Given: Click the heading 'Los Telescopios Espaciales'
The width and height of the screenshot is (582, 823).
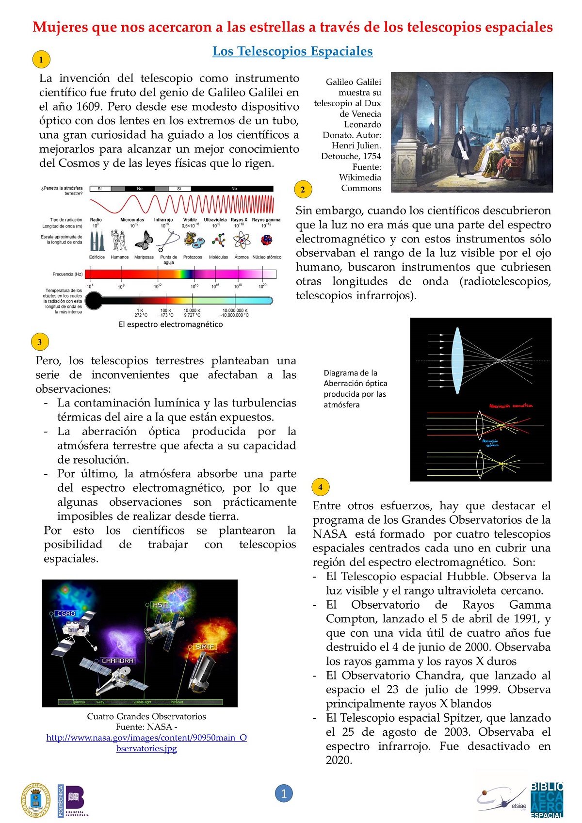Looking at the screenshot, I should pos(292,51).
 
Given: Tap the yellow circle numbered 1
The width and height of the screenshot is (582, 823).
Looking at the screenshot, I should pos(41,60).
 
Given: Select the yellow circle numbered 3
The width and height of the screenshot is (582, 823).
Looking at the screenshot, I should pos(40,342).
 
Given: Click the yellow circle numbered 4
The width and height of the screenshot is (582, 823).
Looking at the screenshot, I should pos(320,487).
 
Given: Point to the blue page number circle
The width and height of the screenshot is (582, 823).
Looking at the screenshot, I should pos(284,793).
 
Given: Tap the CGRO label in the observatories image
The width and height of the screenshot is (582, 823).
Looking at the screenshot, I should pos(66,613).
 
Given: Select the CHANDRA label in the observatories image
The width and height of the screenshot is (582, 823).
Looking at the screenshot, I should pos(117,661).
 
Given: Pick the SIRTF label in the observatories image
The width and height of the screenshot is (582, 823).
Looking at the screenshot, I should pos(205,647).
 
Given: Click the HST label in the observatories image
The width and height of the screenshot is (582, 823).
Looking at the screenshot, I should pos(160,605).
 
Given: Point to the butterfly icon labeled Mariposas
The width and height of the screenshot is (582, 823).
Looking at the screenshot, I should pos(144,240).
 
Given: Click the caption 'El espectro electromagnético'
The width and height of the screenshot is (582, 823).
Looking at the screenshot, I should pos(171,324).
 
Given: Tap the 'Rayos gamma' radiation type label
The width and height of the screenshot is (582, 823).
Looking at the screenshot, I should pos(266,220).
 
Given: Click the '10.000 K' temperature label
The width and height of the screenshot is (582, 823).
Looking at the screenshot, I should pos(192,310).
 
